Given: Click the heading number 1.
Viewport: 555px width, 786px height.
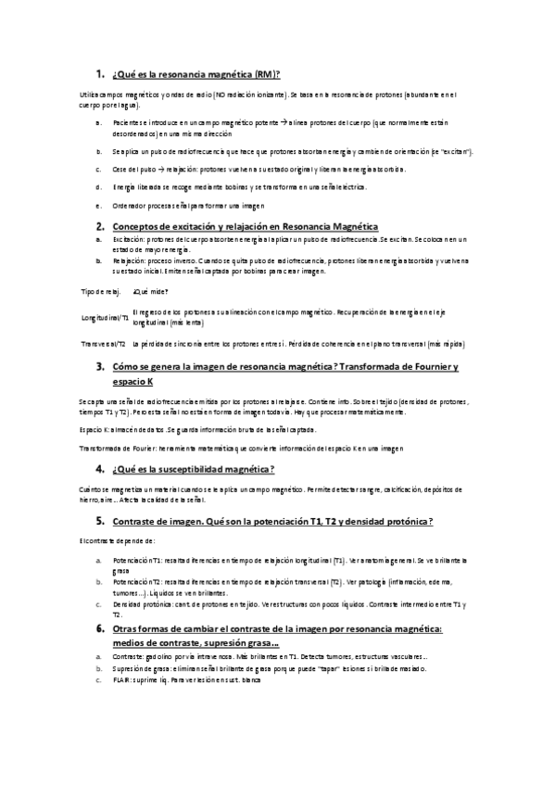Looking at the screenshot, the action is coord(99,73).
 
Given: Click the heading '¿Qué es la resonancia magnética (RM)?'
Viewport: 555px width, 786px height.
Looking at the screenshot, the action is coord(196,74).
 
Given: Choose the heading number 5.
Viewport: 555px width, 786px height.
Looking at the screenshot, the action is coord(99,523).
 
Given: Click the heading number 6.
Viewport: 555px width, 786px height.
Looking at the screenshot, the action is coord(99,628).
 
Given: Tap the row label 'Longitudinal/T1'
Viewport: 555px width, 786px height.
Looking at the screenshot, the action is coord(106,318).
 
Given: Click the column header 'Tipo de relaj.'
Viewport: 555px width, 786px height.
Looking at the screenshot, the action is coord(101,292).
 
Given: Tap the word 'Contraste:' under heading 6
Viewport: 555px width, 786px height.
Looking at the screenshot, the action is coord(128,655).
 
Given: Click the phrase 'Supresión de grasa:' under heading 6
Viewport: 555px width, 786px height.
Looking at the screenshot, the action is coord(139,667).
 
